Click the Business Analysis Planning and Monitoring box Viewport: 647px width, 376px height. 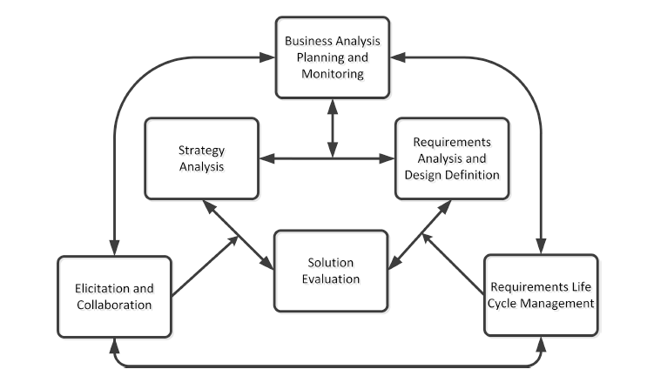[333, 57]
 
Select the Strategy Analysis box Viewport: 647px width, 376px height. [201, 158]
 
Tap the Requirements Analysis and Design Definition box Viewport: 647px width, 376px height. [451, 158]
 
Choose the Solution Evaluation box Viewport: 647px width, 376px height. [331, 270]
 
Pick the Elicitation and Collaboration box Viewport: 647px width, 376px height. [114, 296]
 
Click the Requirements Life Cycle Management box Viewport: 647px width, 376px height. [541, 294]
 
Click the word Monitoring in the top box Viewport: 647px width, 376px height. [333, 75]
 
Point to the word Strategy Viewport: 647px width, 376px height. [201, 149]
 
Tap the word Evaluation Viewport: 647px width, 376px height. [331, 279]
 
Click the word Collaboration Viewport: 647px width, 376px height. [114, 305]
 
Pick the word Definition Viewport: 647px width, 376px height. [469, 174]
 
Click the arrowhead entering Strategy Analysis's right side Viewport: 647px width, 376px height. [266, 158]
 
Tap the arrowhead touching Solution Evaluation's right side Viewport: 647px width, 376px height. [394, 263]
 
